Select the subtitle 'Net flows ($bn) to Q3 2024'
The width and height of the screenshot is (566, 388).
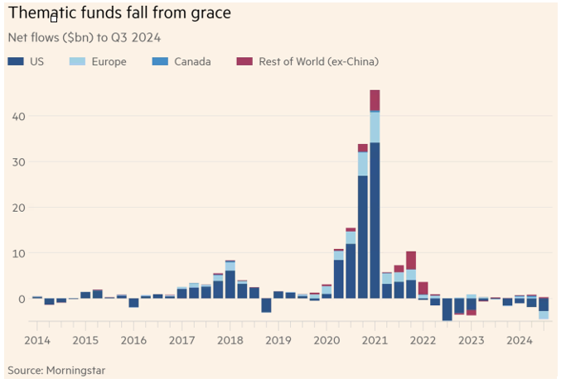(83, 38)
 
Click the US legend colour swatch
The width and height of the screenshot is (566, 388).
(14, 61)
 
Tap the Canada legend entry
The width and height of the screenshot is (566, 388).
(183, 61)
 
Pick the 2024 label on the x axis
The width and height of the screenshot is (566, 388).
(520, 341)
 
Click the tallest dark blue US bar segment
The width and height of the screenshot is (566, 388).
(375, 220)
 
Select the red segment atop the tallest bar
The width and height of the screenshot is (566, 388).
(375, 99)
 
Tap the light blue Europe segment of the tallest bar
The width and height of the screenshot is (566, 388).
(375, 127)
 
